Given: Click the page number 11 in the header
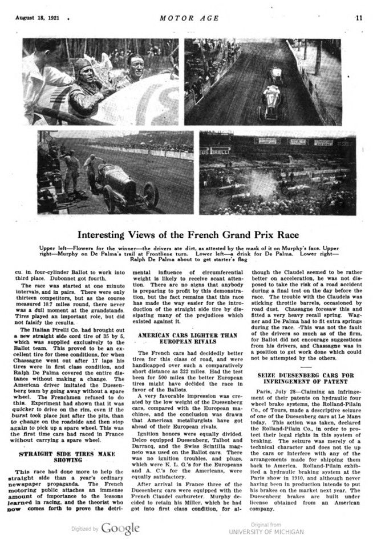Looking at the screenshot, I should [359, 17].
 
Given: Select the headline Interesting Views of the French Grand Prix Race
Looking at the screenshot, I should [186, 234].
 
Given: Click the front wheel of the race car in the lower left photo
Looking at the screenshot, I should [151, 195].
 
